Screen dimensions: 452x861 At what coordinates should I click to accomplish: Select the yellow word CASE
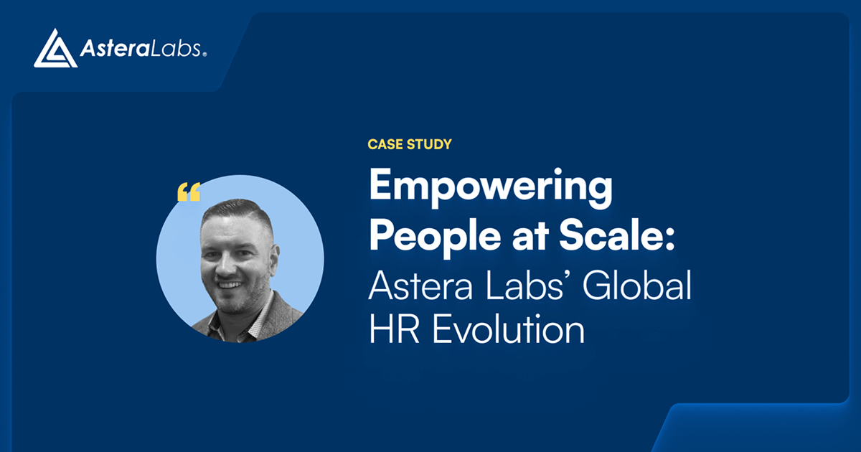386,144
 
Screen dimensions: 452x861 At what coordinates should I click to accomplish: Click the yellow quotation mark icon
188,192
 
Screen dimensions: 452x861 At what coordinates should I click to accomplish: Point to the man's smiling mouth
230,284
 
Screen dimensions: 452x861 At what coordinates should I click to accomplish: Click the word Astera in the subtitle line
420,286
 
